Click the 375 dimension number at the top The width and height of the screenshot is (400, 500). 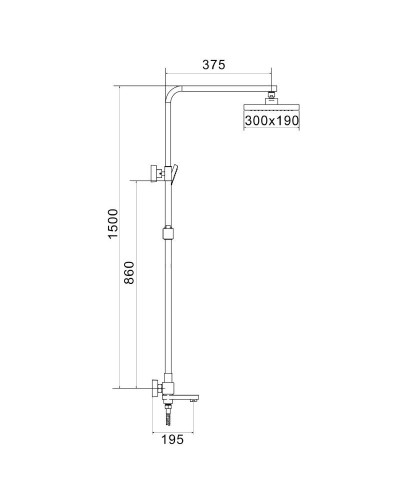[213, 66]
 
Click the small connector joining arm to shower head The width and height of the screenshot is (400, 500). [271, 96]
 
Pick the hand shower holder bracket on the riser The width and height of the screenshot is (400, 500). [160, 173]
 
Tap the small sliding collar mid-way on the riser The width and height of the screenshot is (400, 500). [166, 238]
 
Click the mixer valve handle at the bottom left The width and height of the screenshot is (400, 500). [151, 390]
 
